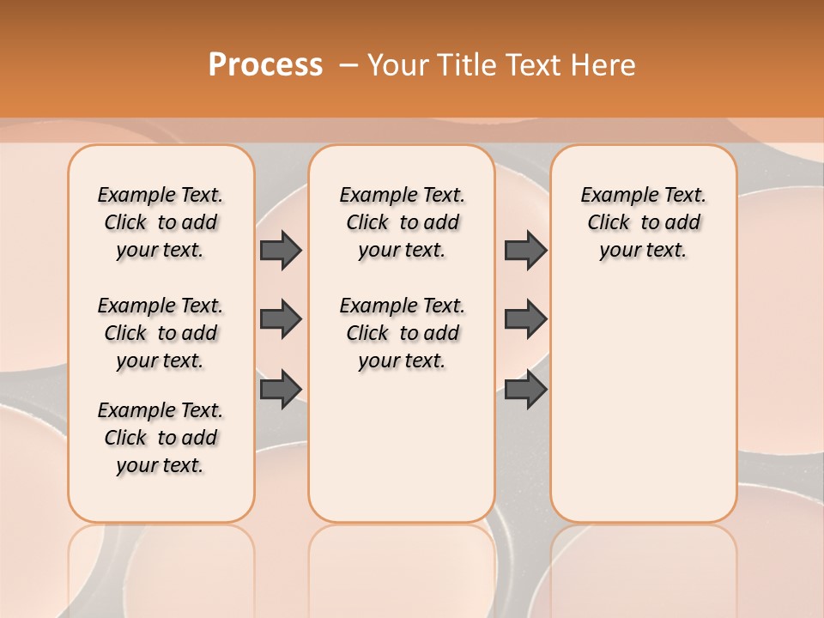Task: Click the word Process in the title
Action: (265, 64)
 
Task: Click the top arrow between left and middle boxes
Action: (281, 250)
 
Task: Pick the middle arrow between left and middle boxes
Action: (281, 319)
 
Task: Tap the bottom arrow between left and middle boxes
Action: (281, 389)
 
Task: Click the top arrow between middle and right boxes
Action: (525, 250)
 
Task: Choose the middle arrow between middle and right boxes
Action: (525, 319)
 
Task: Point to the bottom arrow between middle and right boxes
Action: (525, 389)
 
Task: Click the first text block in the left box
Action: (161, 222)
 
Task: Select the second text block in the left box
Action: (161, 333)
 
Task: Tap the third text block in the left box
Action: (161, 438)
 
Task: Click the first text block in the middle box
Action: (403, 222)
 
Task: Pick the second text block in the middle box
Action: (403, 333)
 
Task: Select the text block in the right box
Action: (644, 222)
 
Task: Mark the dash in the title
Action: (348, 65)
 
